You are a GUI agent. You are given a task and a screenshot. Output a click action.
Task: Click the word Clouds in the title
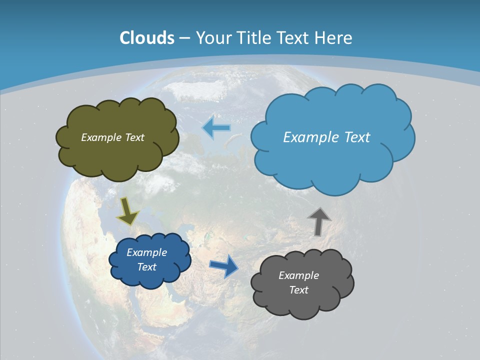[x=147, y=38]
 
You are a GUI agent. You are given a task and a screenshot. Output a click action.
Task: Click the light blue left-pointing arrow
[x=216, y=128]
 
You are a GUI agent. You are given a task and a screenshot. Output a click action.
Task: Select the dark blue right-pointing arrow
[x=224, y=265]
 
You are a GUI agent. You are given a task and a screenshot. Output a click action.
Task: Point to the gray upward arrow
[x=319, y=221]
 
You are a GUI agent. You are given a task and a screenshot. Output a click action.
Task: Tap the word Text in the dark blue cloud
[x=146, y=267]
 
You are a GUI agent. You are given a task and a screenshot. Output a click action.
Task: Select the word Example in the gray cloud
[x=298, y=275]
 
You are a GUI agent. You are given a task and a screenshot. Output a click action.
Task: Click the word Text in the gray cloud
[x=298, y=290]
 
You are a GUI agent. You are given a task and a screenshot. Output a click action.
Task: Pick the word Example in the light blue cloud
[x=310, y=137]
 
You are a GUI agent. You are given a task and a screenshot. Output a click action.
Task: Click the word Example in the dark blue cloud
[x=146, y=252]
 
